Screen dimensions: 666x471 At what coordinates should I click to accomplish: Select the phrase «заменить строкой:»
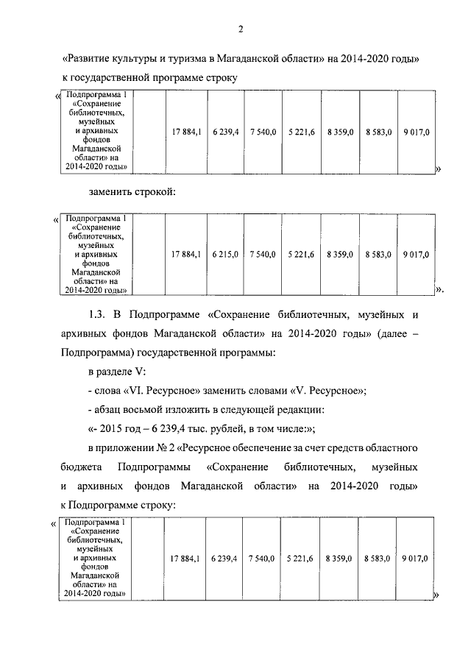point(132,193)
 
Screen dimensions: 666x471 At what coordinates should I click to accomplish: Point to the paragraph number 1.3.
point(99,315)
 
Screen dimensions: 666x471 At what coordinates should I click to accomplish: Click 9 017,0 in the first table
point(417,131)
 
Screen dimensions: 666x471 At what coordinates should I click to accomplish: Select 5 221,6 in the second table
point(302,255)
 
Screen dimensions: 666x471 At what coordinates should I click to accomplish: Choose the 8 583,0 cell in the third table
point(376,559)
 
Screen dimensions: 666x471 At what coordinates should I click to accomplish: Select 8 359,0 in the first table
point(341,131)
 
